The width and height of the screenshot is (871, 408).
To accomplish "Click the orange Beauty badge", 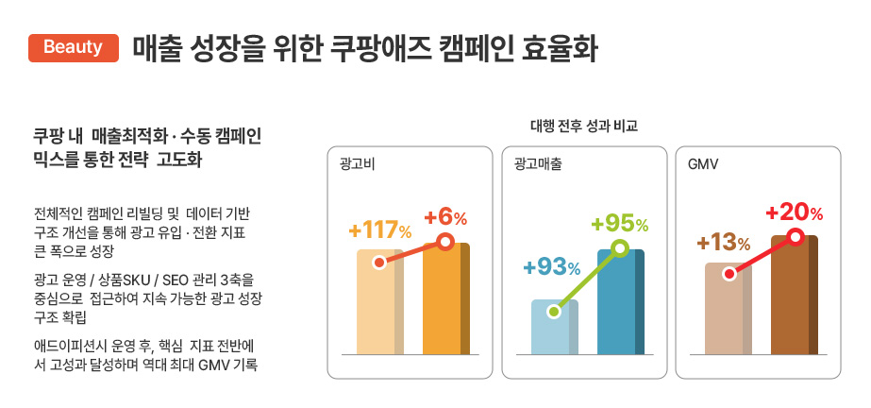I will pyautogui.click(x=73, y=46).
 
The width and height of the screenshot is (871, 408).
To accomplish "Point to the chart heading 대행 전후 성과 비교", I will pyautogui.click(x=584, y=126).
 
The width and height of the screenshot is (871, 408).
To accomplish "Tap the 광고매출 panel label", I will pyautogui.click(x=538, y=164).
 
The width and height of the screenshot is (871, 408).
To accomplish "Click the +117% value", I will pyautogui.click(x=379, y=230).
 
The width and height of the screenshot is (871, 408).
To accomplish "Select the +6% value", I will pyautogui.click(x=445, y=217).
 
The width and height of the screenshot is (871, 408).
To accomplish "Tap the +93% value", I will pyautogui.click(x=552, y=267).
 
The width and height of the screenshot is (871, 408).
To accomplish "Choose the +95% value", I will pyautogui.click(x=619, y=225).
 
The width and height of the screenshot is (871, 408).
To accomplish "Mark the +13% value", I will pyautogui.click(x=724, y=244).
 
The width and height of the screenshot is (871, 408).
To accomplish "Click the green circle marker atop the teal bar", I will pyautogui.click(x=620, y=248).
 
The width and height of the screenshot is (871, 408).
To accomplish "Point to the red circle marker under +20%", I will pyautogui.click(x=796, y=236).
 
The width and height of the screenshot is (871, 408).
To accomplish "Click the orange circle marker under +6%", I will pyautogui.click(x=446, y=243).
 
